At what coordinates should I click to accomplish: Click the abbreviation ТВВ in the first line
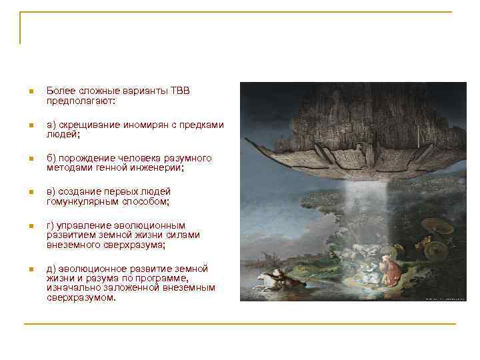[180, 91]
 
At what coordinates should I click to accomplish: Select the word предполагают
[79, 101]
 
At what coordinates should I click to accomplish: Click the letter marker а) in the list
[51, 125]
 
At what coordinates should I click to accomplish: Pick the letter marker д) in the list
[51, 268]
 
